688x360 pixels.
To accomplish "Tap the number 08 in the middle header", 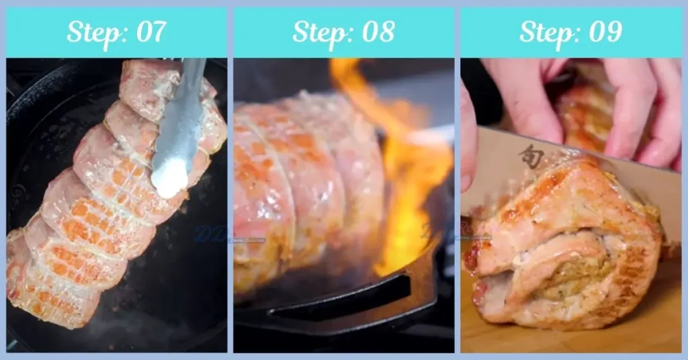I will tap(377, 32).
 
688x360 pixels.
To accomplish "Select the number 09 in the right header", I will tap(604, 32).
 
